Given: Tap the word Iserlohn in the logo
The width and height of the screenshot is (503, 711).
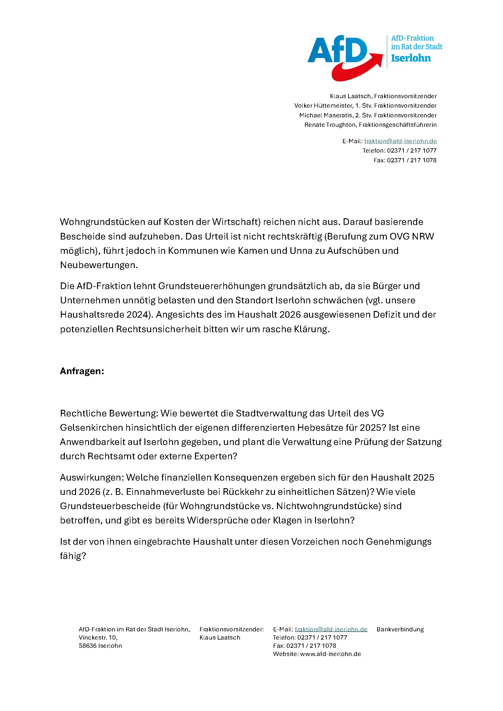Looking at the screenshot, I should coord(411,58).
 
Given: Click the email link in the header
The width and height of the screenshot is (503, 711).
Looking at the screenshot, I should coord(400,141).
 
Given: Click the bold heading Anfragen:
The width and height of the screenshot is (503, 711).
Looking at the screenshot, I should coord(82,371).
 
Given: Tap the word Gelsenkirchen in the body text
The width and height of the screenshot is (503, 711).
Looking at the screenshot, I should coord(91,428).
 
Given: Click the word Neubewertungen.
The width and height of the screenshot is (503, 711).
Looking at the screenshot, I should coord(99,265).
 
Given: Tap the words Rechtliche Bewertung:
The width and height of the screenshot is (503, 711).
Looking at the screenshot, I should coord(109,413).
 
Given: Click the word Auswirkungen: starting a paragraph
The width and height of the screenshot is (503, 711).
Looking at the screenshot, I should coord(92,478).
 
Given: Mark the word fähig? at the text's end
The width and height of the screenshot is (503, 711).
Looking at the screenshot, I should coord(73,556).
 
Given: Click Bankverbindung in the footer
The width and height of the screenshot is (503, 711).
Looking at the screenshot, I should coord(400,629).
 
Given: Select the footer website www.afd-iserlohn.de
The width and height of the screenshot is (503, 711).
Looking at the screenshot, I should coord(331,654).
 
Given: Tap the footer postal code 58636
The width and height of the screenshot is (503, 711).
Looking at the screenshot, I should coord(87,646).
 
